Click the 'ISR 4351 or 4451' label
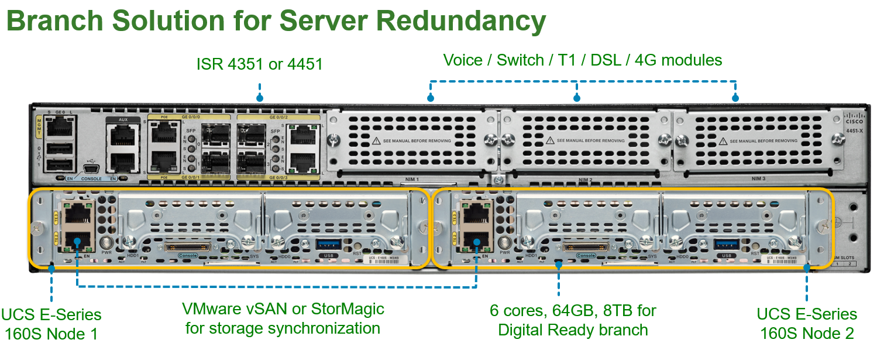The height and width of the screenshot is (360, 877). click(x=260, y=63)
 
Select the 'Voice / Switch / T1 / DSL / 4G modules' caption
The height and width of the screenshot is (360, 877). click(x=583, y=60)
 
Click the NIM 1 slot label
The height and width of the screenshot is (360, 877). click(x=418, y=180)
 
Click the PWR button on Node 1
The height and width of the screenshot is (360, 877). click(x=106, y=243)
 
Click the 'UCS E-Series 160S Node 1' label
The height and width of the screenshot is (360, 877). click(x=51, y=324)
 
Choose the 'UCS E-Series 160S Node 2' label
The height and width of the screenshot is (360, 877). click(x=807, y=323)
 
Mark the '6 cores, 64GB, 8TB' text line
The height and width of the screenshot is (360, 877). click(x=573, y=310)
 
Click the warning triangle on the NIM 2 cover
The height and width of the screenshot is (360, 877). click(x=549, y=140)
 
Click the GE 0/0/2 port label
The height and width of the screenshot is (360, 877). click(x=278, y=118)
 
